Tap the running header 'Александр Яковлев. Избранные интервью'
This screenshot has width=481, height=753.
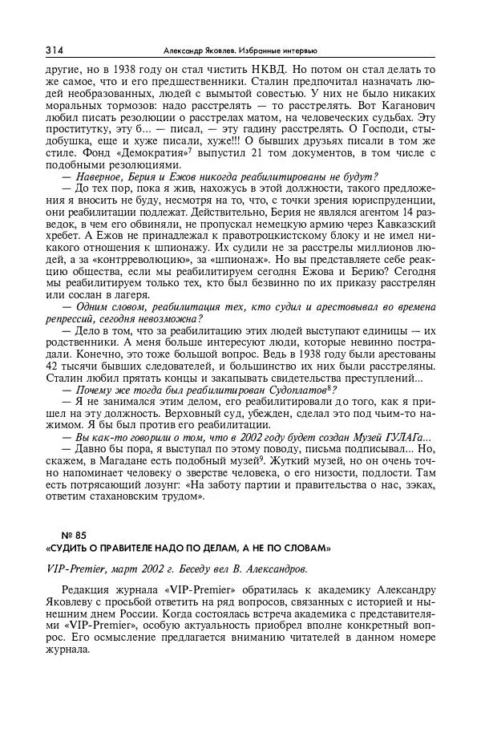[x=240, y=51]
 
